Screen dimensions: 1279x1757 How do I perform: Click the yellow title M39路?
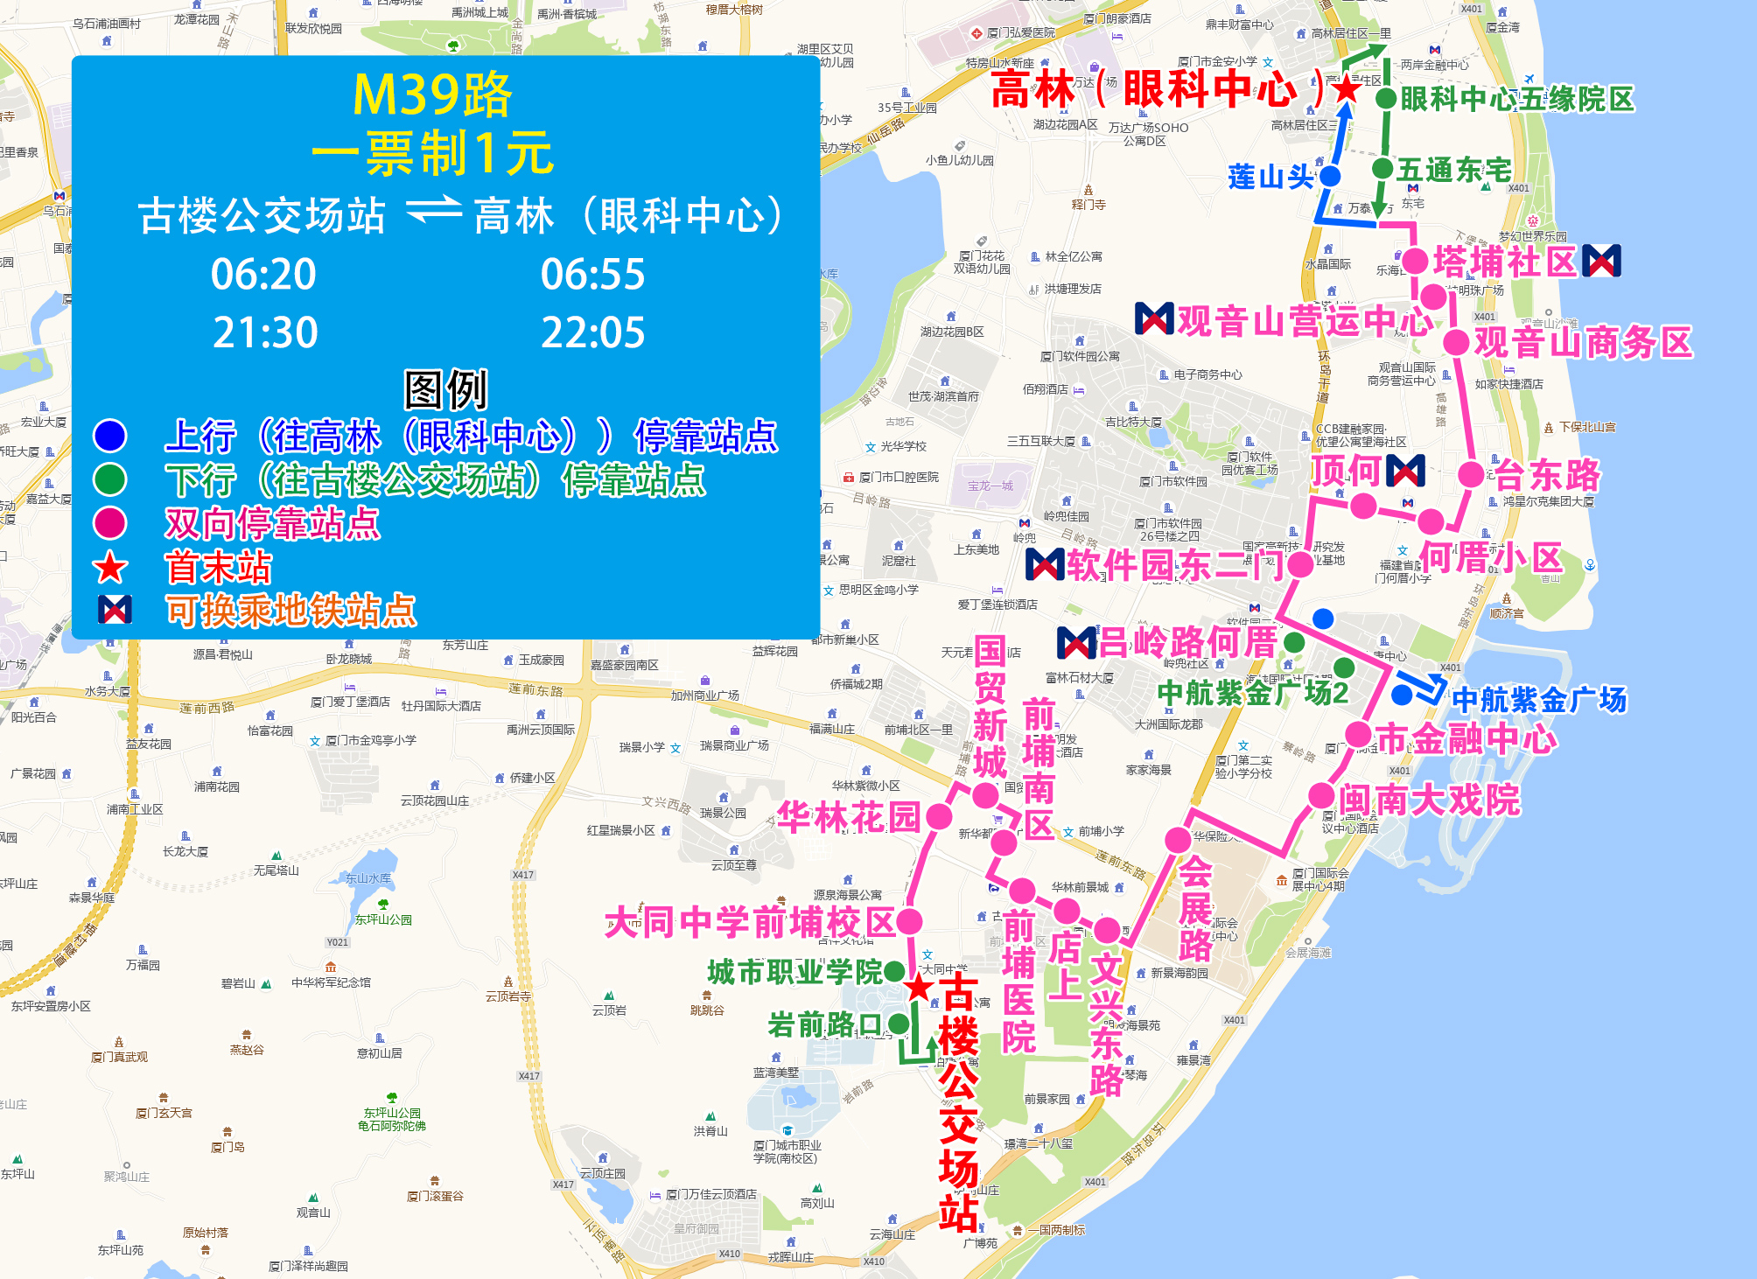point(432,94)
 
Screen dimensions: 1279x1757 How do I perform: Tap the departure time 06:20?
point(263,275)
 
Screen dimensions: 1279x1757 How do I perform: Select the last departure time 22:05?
point(592,333)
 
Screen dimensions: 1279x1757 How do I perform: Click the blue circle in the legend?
point(110,436)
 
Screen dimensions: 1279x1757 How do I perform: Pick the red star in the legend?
point(110,568)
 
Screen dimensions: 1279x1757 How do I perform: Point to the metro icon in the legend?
point(115,610)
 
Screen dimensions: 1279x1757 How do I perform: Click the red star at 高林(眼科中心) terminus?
point(1347,87)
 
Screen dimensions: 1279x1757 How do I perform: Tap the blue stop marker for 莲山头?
point(1329,177)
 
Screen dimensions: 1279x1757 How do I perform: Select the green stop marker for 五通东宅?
point(1382,169)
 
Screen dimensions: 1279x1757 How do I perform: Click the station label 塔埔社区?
point(1504,262)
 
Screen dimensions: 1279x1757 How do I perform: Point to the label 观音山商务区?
point(1583,342)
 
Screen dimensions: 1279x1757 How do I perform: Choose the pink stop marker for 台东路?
point(1471,475)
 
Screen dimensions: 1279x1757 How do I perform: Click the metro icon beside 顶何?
point(1405,471)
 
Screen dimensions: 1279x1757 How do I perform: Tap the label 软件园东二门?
point(1175,565)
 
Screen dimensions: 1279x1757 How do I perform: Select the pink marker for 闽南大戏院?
point(1320,797)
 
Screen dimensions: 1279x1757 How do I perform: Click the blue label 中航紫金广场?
point(1539,700)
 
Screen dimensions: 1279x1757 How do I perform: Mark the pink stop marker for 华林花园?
point(939,817)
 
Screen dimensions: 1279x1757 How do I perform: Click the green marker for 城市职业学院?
point(894,971)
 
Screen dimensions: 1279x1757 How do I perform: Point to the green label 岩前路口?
point(824,1024)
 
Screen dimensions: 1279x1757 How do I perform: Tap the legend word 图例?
point(445,389)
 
